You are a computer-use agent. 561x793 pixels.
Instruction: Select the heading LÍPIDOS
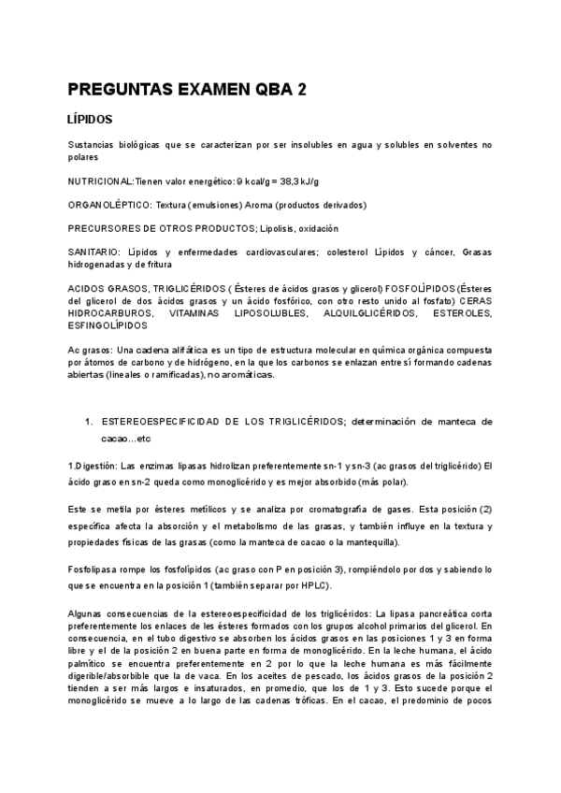(91, 121)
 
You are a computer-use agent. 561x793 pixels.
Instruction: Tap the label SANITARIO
(93, 253)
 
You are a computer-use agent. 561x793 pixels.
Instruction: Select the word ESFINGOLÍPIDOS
(108, 326)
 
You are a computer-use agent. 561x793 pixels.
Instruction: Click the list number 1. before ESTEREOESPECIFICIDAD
(89, 423)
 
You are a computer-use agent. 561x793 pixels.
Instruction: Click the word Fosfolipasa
(93, 569)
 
